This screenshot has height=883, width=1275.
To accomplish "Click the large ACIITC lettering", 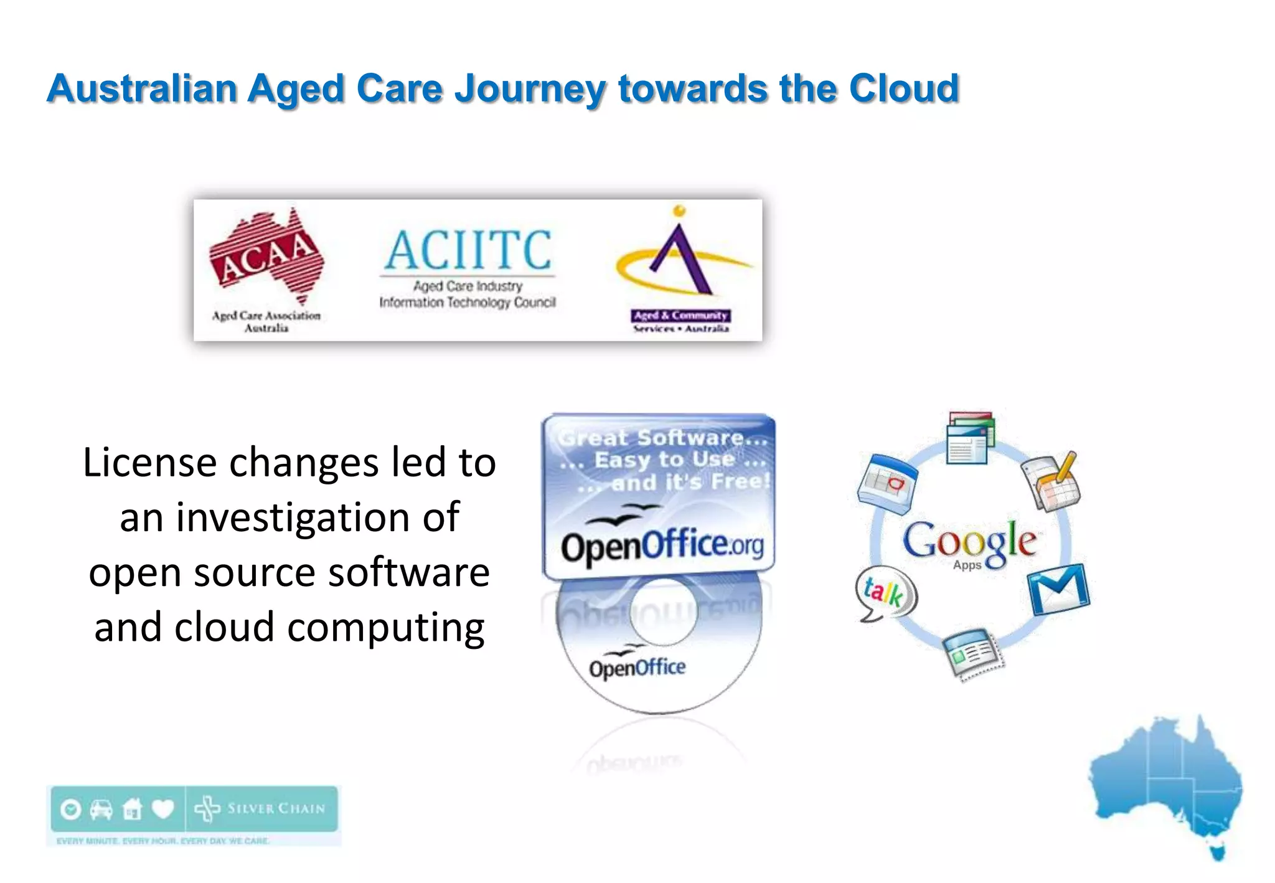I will click(x=468, y=249).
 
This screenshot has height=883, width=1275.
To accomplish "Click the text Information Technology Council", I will click(x=468, y=303).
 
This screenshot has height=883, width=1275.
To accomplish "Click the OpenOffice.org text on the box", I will click(x=662, y=546).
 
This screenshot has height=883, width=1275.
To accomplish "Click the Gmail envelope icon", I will click(x=1058, y=588).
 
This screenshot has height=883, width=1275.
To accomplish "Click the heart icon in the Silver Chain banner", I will click(x=163, y=809).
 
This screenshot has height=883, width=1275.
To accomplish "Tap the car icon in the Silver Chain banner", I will click(x=101, y=809).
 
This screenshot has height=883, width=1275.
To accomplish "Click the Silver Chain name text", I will click(x=276, y=809).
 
